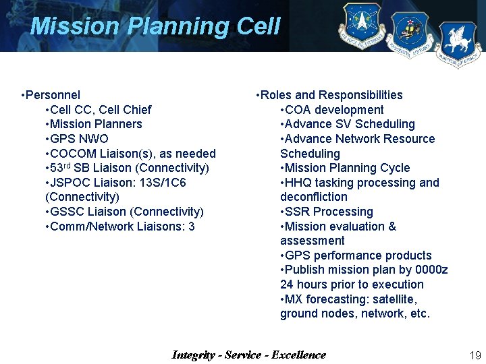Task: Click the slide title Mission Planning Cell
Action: click(x=155, y=26)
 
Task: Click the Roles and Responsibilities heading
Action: click(x=329, y=95)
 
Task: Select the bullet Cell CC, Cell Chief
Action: click(x=98, y=110)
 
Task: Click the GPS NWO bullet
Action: click(x=76, y=139)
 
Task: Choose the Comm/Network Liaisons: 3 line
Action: click(x=119, y=226)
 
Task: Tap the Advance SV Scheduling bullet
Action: click(x=348, y=124)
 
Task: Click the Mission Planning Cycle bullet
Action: click(x=345, y=168)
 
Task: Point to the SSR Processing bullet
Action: click(x=327, y=212)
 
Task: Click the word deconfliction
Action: click(x=314, y=197)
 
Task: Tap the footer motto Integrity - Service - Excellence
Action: click(x=248, y=355)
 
